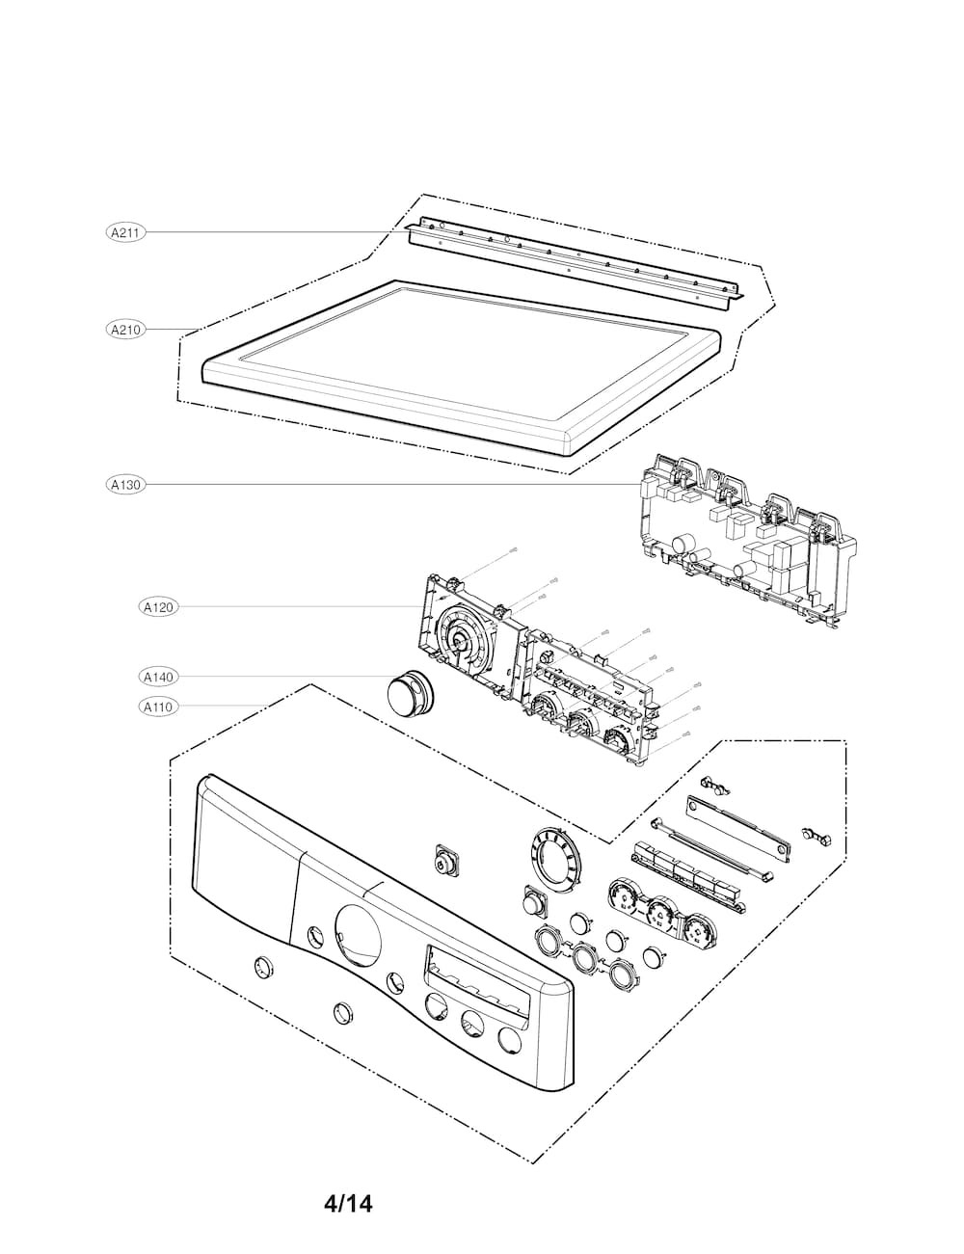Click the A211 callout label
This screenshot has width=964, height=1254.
[x=125, y=232]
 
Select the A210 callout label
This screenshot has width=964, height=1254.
[x=125, y=330]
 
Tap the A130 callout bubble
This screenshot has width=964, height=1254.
[x=125, y=485]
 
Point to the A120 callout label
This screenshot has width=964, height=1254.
[x=158, y=607]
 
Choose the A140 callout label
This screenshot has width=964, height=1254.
[x=158, y=678]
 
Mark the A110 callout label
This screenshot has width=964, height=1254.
[x=158, y=707]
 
